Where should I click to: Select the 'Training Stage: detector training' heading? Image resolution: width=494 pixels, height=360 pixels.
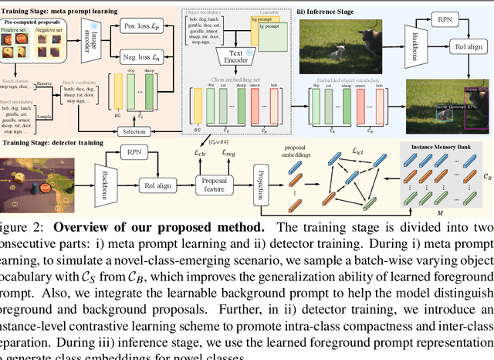pos(59,142)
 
